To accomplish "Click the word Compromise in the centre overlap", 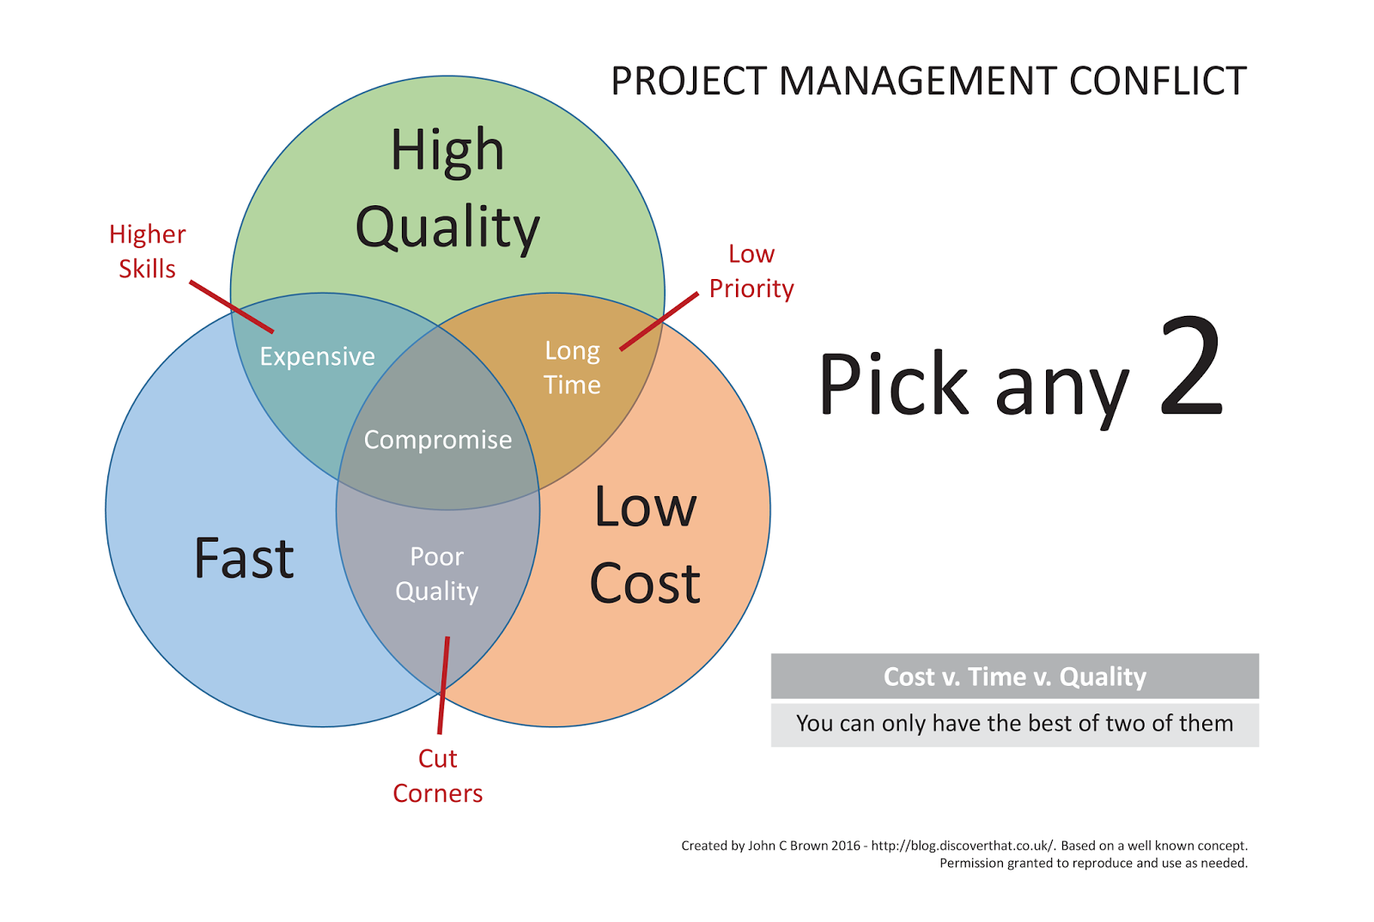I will [437, 440].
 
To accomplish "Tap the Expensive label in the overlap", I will [317, 356].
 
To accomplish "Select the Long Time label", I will [572, 367].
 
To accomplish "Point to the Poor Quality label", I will [436, 573].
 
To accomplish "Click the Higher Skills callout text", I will [147, 251].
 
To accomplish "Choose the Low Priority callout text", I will [751, 271].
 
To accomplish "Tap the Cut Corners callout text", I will [437, 775].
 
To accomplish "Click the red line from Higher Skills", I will [231, 306].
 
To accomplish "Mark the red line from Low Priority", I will [659, 321].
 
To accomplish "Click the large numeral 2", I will [1191, 367].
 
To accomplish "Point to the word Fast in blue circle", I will [244, 558].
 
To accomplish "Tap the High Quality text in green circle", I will [447, 189].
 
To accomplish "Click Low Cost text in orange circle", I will [645, 545].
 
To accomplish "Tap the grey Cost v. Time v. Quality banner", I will [1014, 676].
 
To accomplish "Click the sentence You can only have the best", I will [1014, 724].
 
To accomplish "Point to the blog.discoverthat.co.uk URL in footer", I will [962, 846].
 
